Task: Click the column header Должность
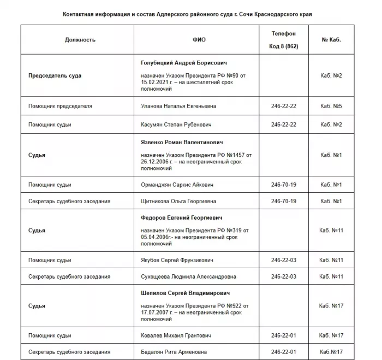pos(80,40)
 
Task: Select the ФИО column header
pos(199,40)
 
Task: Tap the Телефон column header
pos(283,34)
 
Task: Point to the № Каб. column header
pos(331,40)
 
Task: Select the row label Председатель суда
pos(55,75)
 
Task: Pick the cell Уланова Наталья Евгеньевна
pos(178,106)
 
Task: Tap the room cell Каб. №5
pos(331,106)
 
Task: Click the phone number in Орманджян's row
pos(283,185)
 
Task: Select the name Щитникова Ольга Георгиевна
pos(178,201)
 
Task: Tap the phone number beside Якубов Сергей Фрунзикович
pos(283,260)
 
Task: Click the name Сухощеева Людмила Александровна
pos(188,276)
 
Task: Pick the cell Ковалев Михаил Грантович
pos(176,335)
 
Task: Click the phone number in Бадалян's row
pos(283,351)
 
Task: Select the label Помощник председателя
pos(60,106)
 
